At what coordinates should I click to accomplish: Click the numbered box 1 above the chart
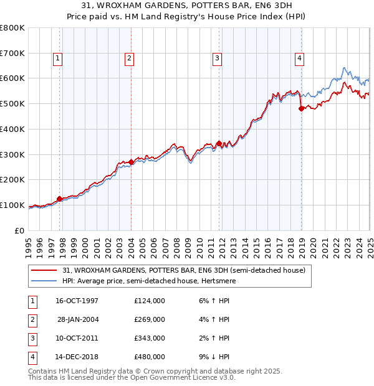pyautogui.click(x=57, y=59)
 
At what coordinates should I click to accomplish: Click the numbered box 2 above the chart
pyautogui.click(x=129, y=59)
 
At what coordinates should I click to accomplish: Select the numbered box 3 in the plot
pyautogui.click(x=218, y=59)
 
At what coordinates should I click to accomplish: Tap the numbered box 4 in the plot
pyautogui.click(x=300, y=59)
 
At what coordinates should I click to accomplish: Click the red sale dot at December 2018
pyautogui.click(x=302, y=108)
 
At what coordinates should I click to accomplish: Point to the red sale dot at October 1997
pyautogui.click(x=60, y=199)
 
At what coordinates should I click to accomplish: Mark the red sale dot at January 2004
pyautogui.click(x=132, y=162)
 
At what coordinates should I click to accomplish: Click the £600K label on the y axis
pyautogui.click(x=12, y=78)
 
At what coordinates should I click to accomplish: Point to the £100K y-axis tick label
pyautogui.click(x=12, y=205)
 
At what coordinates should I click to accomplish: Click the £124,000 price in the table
pyautogui.click(x=150, y=301)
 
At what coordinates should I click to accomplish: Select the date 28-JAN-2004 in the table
pyautogui.click(x=77, y=319)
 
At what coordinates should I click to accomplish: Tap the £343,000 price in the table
pyautogui.click(x=150, y=338)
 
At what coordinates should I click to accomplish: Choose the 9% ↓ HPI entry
pyautogui.click(x=213, y=357)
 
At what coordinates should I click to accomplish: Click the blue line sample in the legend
pyautogui.click(x=44, y=281)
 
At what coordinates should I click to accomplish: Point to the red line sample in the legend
pyautogui.click(x=44, y=271)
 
